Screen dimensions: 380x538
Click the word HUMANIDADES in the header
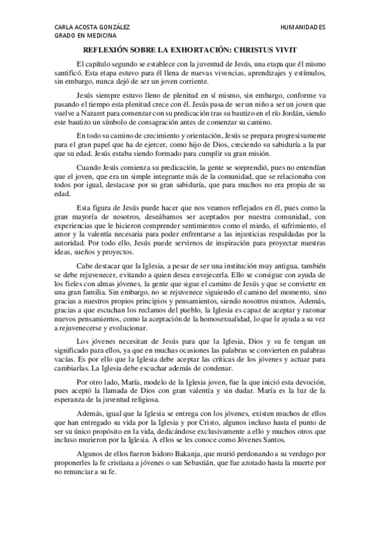pyautogui.click(x=303, y=28)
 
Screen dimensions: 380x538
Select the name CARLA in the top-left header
pyautogui.click(x=65, y=28)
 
